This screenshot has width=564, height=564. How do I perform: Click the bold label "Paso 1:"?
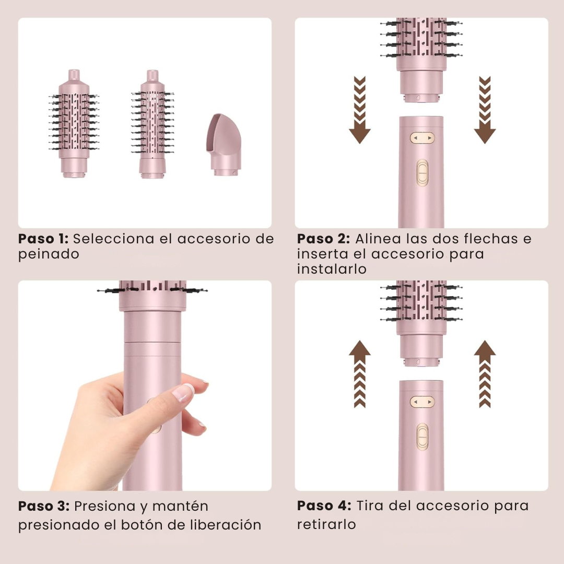click(43, 239)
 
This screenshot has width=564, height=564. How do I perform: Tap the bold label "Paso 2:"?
click(323, 239)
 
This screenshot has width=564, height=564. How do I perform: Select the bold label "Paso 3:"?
click(44, 506)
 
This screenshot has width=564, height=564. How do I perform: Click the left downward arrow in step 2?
click(359, 111)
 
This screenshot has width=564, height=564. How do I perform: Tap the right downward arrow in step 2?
click(485, 111)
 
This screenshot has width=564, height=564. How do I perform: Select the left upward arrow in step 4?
click(359, 373)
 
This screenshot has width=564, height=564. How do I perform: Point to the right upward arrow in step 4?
click(485, 373)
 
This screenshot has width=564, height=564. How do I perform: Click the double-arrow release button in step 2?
click(422, 138)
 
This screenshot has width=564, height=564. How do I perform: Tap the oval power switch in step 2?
click(422, 173)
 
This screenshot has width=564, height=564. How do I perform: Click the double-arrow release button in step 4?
click(422, 402)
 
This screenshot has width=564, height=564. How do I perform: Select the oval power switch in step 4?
click(422, 437)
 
